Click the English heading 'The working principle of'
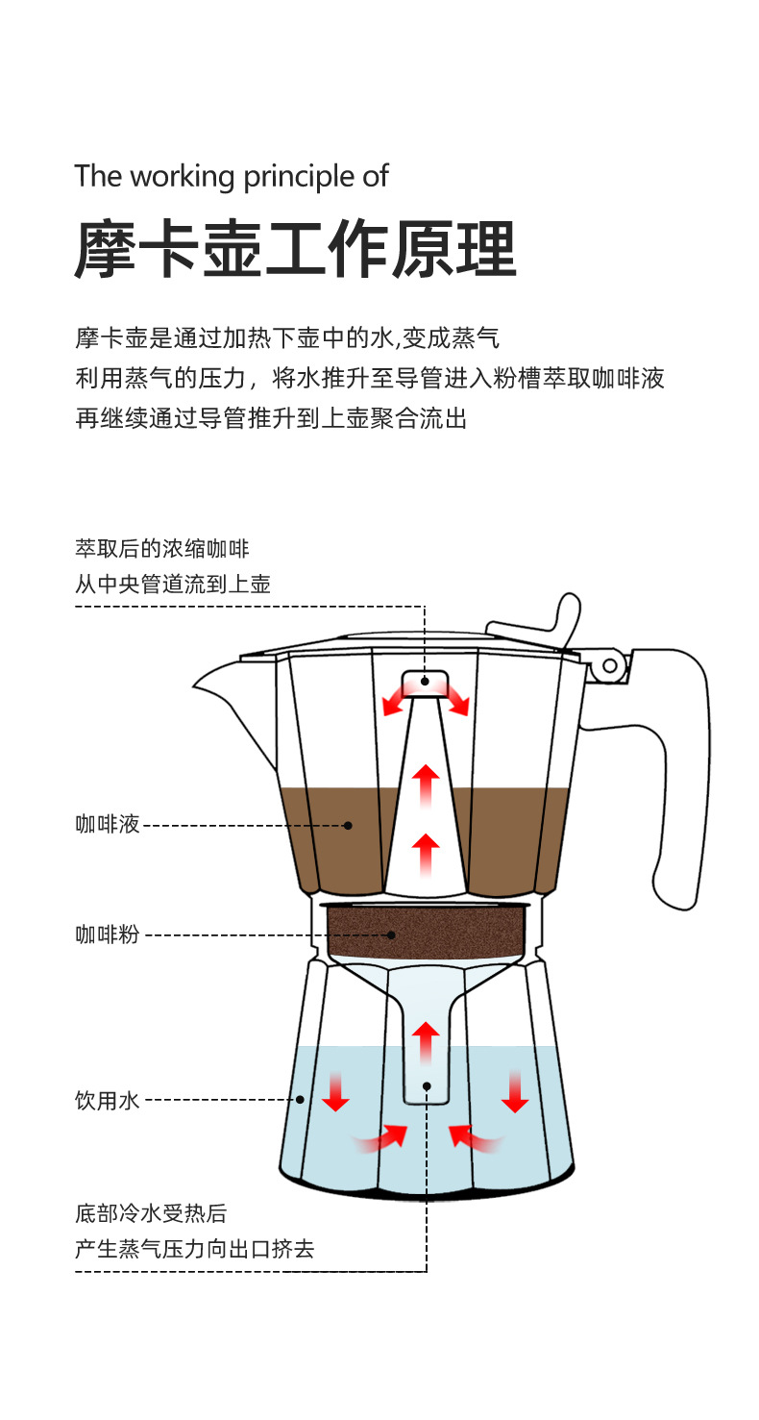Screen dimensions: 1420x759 (232, 176)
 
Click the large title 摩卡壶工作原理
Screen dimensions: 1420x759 (296, 250)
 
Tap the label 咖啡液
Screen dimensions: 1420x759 (108, 824)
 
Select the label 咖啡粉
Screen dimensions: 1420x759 (108, 934)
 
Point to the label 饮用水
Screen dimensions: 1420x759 (108, 1100)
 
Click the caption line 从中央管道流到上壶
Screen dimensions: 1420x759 (173, 584)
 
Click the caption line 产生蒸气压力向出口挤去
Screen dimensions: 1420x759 (195, 1249)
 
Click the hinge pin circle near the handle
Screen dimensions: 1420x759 (609, 665)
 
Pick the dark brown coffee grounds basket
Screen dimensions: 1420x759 (428, 931)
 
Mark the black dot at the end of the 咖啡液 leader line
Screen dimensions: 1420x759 (348, 825)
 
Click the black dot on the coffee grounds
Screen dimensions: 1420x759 (392, 934)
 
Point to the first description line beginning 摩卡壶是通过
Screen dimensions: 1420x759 (287, 338)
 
